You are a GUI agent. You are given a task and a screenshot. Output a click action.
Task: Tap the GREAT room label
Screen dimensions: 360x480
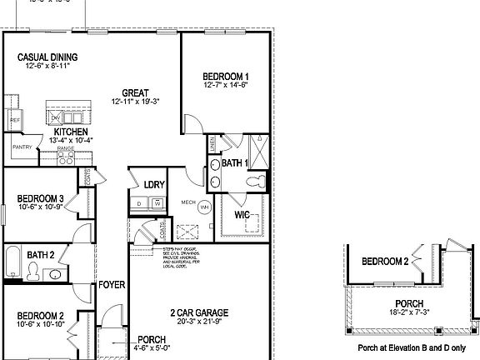(x=135, y=92)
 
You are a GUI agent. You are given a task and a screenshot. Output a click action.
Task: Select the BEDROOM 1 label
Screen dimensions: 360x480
(x=226, y=76)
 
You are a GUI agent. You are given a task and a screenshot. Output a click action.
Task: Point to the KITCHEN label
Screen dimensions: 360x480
(x=71, y=132)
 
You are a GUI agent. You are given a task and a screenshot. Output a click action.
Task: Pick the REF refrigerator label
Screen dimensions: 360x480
(x=15, y=120)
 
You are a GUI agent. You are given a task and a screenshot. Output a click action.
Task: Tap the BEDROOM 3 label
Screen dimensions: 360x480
(x=41, y=198)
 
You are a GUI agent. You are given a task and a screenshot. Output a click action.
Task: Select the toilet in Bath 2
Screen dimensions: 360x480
(x=33, y=270)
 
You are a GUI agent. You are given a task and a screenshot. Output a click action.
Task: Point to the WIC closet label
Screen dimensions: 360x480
(x=242, y=214)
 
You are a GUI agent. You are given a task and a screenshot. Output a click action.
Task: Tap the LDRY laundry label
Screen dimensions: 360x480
(x=153, y=184)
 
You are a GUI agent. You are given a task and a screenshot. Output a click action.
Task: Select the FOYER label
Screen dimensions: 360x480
(x=112, y=285)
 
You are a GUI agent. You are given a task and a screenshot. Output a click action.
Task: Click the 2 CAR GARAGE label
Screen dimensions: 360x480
(x=199, y=312)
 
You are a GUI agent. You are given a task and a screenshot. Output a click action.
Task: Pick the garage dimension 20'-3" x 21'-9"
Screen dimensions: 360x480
(x=199, y=322)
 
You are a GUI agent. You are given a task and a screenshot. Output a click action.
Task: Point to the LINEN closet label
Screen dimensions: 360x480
(x=212, y=143)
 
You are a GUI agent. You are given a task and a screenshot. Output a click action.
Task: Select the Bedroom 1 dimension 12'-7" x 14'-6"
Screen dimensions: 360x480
(x=226, y=85)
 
